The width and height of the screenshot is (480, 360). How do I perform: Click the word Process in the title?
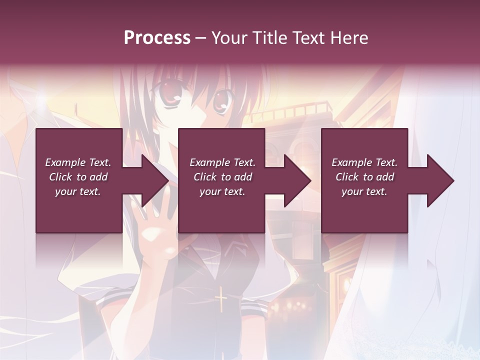[x=157, y=37]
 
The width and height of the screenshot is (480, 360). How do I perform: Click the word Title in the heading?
[x=269, y=37]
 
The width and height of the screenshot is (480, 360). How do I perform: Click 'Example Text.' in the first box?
[x=78, y=162]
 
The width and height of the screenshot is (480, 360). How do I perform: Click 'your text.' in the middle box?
[x=222, y=191]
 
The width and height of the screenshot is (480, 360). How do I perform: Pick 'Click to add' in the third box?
[x=365, y=177]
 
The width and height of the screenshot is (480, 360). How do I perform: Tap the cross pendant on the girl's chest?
[x=220, y=301]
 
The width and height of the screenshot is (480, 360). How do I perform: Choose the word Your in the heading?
[x=230, y=37]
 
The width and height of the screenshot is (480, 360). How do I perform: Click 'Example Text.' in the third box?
[x=364, y=162]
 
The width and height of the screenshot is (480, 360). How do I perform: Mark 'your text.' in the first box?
[x=78, y=191]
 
